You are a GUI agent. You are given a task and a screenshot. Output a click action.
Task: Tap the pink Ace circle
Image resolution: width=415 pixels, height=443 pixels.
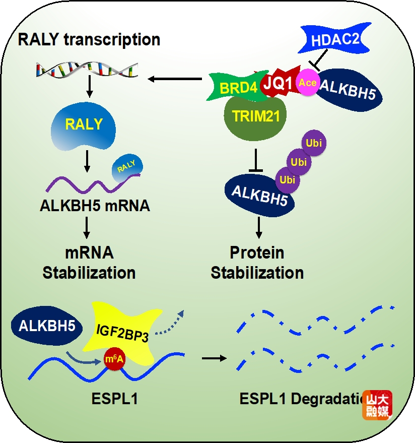pyautogui.click(x=307, y=82)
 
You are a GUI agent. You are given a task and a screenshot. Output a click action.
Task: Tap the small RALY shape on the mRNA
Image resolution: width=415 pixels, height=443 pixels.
pyautogui.click(x=127, y=167)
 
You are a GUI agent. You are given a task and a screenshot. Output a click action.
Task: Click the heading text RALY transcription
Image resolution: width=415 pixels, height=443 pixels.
pyautogui.click(x=89, y=39)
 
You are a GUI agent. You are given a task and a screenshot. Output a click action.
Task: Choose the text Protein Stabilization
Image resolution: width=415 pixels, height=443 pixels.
pyautogui.click(x=257, y=263)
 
